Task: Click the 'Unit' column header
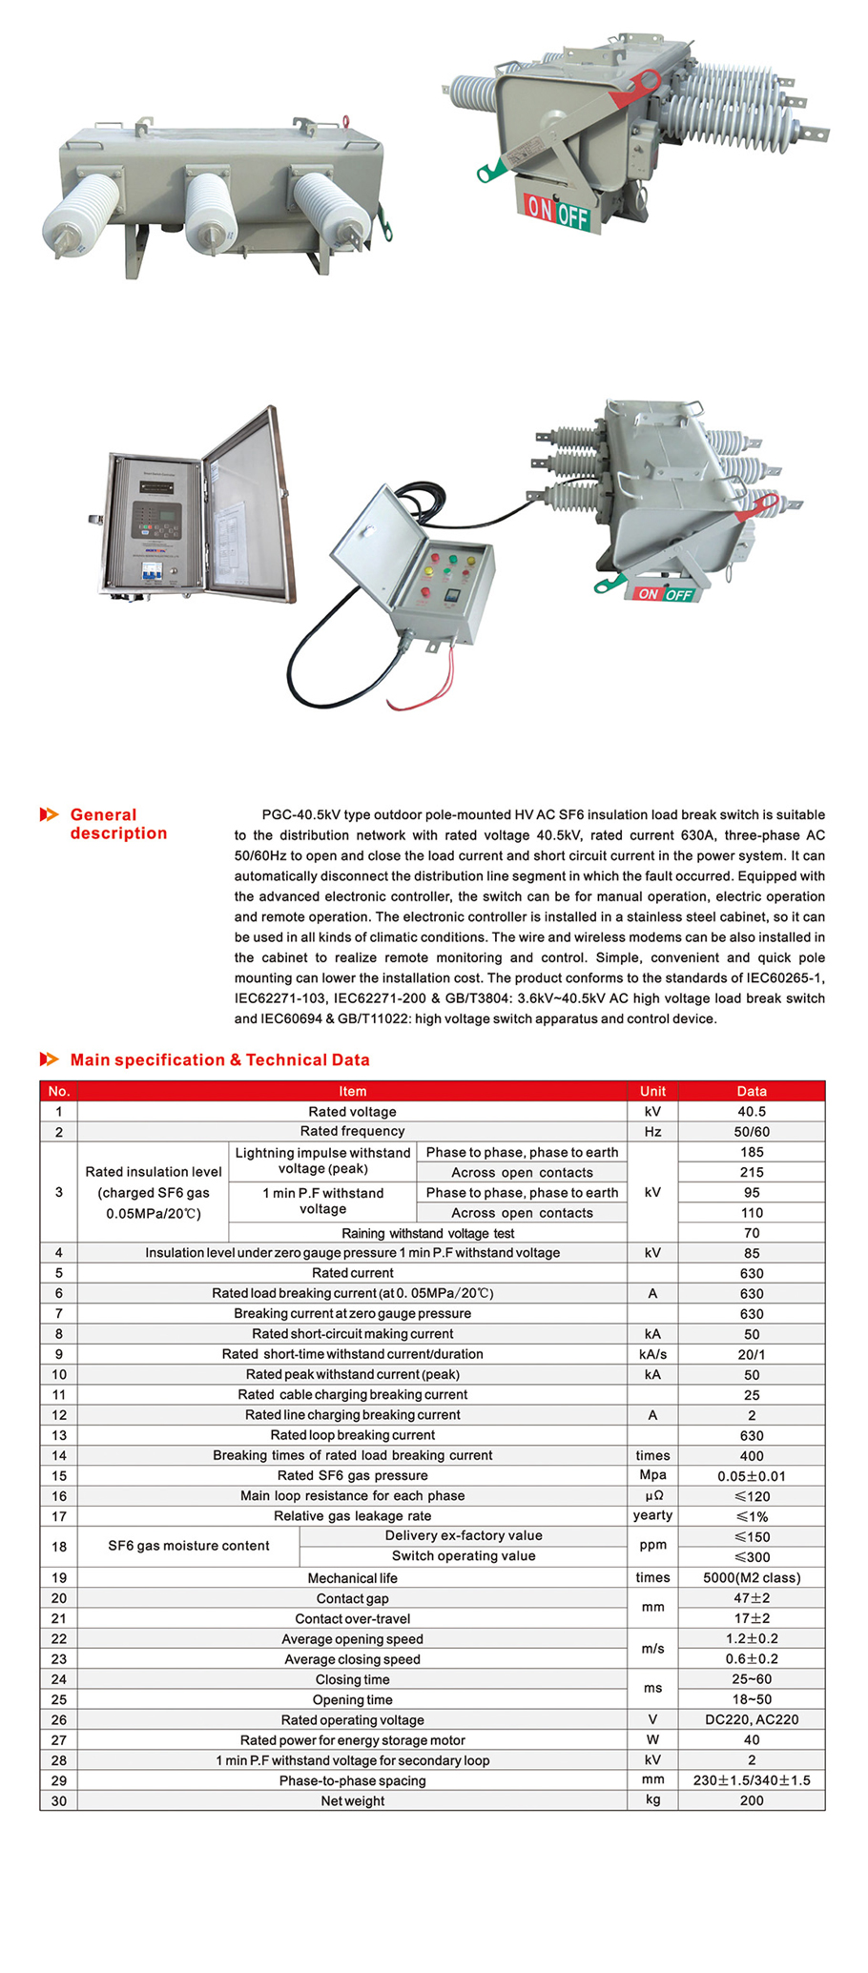(652, 1091)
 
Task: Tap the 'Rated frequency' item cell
(352, 1131)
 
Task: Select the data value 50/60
(752, 1132)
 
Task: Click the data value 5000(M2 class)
(752, 1577)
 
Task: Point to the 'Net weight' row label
(352, 1800)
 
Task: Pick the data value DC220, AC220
(752, 1719)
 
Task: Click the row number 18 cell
(59, 1546)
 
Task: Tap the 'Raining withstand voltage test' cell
(427, 1233)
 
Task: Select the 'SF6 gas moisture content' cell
(189, 1546)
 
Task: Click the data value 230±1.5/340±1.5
(752, 1780)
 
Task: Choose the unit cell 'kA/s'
(652, 1354)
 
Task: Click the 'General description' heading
(118, 824)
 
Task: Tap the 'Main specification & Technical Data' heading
(219, 1059)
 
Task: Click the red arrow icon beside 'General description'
(49, 814)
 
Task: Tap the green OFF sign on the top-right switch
(573, 216)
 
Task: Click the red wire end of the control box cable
(393, 706)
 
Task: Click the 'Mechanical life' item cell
(352, 1577)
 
